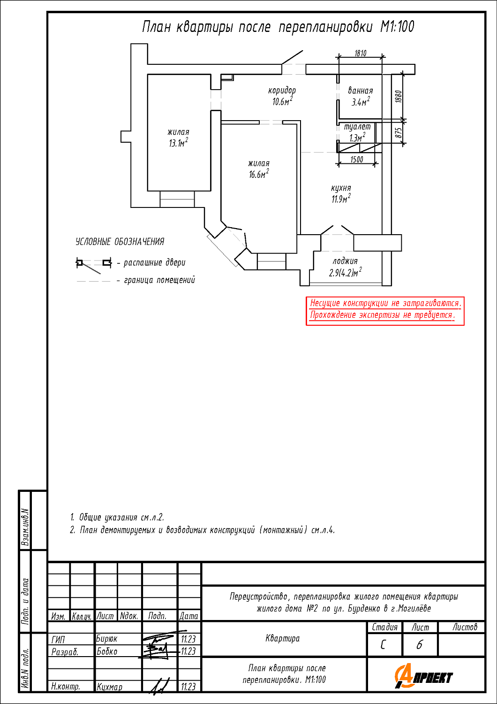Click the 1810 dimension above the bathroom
point(361,53)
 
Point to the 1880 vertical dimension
point(399,97)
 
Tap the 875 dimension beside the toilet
point(399,133)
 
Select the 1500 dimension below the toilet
point(357,160)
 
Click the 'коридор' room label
point(282,91)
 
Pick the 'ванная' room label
point(361,91)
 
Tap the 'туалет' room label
point(357,127)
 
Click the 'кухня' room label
point(341,188)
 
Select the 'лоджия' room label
point(345,261)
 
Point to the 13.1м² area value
point(178,143)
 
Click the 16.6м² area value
point(259,174)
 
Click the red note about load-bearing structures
point(385,311)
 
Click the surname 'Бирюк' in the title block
point(106,639)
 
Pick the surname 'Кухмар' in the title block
point(109,687)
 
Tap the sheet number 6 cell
point(420,645)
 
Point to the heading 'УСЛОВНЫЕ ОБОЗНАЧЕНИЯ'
point(120,242)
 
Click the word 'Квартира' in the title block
point(283,638)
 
